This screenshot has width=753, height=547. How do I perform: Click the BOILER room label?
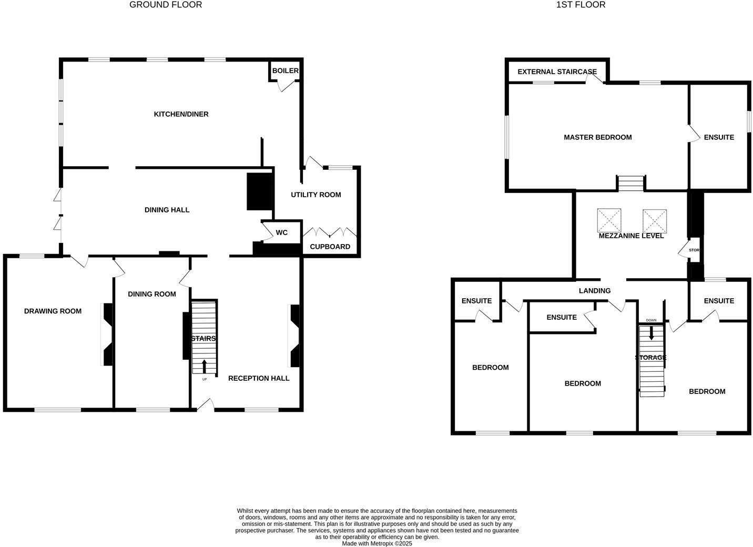click(286, 70)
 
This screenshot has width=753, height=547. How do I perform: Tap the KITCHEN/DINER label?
click(181, 114)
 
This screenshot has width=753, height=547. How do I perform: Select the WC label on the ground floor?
click(282, 232)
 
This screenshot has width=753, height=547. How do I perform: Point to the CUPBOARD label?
click(330, 247)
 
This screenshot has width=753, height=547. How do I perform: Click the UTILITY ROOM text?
click(316, 195)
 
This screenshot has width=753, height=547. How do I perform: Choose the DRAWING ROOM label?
click(53, 311)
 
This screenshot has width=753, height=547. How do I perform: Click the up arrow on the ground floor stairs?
click(205, 367)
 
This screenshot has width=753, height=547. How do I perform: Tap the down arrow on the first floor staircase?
click(651, 333)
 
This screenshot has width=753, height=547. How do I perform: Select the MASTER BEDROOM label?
click(598, 137)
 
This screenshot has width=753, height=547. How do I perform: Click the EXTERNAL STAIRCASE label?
click(557, 72)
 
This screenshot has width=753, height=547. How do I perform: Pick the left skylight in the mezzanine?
click(609, 220)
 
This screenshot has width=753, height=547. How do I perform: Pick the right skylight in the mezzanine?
click(655, 221)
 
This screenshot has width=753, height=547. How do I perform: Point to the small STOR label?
click(694, 250)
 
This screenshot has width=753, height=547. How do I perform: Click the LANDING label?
click(595, 291)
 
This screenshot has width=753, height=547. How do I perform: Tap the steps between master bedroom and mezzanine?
click(631, 184)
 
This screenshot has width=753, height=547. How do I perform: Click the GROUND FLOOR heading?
click(166, 5)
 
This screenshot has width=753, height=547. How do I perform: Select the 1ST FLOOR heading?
click(581, 5)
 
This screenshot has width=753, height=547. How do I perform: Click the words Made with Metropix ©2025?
click(377, 543)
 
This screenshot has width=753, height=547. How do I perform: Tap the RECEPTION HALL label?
click(259, 379)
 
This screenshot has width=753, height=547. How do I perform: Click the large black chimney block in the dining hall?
click(260, 191)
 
